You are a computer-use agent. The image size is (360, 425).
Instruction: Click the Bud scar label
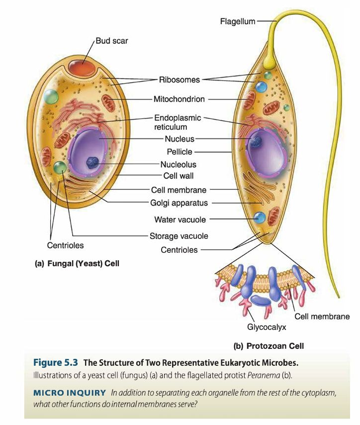pyautogui.click(x=111, y=41)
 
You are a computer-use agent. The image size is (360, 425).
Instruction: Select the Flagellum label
pyautogui.click(x=238, y=21)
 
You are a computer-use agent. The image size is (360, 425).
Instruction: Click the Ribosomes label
pyautogui.click(x=180, y=80)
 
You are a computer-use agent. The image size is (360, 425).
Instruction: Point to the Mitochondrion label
pyautogui.click(x=179, y=99)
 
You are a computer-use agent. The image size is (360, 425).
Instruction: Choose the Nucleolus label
pyautogui.click(x=178, y=164)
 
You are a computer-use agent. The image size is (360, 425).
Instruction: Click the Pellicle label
pyautogui.click(x=180, y=151)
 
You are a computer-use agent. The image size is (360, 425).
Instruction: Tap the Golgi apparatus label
pyautogui.click(x=179, y=203)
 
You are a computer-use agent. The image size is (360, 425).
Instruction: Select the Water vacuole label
pyautogui.click(x=180, y=219)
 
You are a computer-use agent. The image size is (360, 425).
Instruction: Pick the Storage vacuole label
pyautogui.click(x=179, y=236)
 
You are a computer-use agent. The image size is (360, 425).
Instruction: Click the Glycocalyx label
pyautogui.click(x=267, y=327)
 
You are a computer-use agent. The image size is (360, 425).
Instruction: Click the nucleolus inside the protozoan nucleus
pyautogui.click(x=256, y=143)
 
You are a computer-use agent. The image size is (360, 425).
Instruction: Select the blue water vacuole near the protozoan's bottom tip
pyautogui.click(x=259, y=217)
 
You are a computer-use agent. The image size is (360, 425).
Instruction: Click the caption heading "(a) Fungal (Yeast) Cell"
pyautogui.click(x=77, y=263)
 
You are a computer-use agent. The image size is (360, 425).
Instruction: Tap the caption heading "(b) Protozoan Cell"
pyautogui.click(x=269, y=346)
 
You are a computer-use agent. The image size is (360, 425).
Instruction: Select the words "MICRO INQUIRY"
pyautogui.click(x=70, y=393)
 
